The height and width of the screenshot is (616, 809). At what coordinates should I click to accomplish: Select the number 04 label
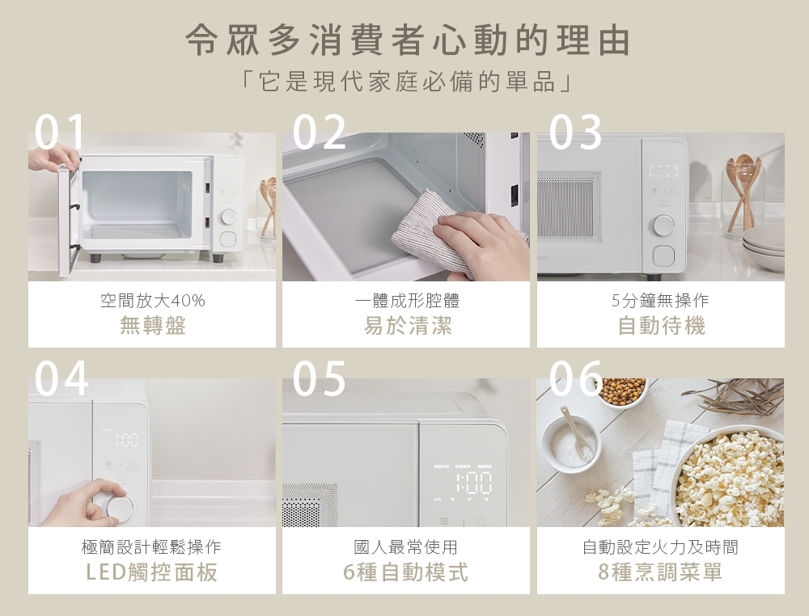pos(62,378)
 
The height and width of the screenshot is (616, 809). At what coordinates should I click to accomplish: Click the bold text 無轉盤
pos(152,326)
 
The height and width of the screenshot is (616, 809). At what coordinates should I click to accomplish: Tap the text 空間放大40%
pos(152,301)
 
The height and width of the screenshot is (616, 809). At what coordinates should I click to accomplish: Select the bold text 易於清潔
pos(407,326)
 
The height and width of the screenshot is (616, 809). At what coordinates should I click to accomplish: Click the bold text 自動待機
pos(661,326)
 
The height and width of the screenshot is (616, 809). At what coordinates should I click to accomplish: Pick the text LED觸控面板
pos(152,572)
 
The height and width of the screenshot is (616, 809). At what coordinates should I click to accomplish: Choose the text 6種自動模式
pos(407,572)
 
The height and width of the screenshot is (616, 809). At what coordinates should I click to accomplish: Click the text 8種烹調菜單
pos(661,572)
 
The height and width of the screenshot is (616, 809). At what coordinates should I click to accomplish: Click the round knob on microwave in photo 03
pos(664,224)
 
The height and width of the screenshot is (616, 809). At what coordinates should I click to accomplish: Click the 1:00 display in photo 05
pos(473,483)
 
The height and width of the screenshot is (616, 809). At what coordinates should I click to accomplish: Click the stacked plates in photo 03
pos(763,251)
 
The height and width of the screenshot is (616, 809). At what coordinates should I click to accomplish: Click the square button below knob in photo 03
pos(664,256)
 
